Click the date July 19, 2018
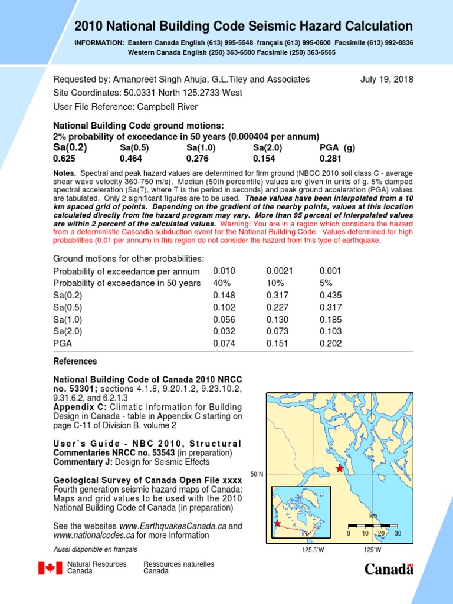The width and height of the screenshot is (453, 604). [386, 80]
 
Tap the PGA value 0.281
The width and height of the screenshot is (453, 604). [330, 159]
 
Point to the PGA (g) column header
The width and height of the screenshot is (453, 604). [337, 148]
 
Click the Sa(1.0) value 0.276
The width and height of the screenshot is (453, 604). [196, 159]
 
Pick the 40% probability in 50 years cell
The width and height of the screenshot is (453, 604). [221, 283]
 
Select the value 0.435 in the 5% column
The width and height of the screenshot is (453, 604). [330, 296]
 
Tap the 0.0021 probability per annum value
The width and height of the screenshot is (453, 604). [279, 271]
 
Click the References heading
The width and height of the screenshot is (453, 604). [75, 362]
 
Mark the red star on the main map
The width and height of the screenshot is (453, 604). [339, 468]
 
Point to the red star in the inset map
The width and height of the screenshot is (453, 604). [277, 523]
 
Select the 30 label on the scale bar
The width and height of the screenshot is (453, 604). [398, 534]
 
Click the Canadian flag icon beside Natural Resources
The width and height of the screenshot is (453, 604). [50, 568]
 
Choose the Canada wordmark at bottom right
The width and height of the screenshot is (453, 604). [389, 569]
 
